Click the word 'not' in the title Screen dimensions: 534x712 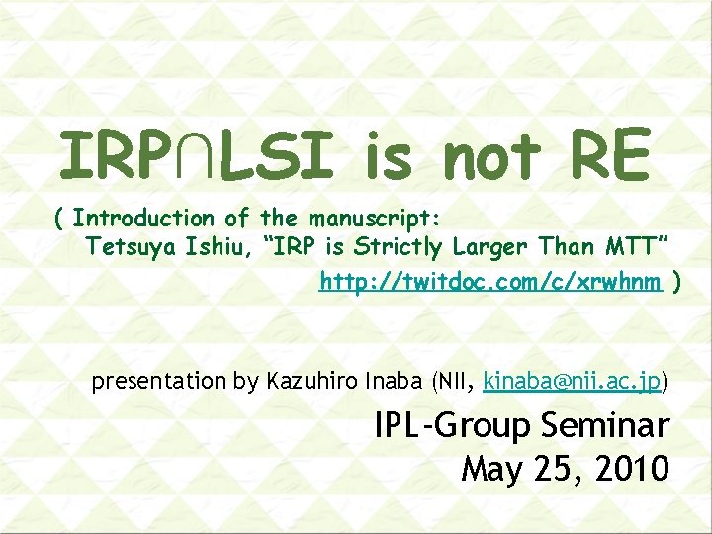[x=491, y=157]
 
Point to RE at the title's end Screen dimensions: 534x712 [x=607, y=157]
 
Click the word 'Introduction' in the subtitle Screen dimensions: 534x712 [x=143, y=218]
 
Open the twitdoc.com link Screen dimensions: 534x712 [x=490, y=283]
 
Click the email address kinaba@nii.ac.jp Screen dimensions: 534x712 [x=572, y=381]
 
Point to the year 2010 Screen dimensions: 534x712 [x=634, y=468]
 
